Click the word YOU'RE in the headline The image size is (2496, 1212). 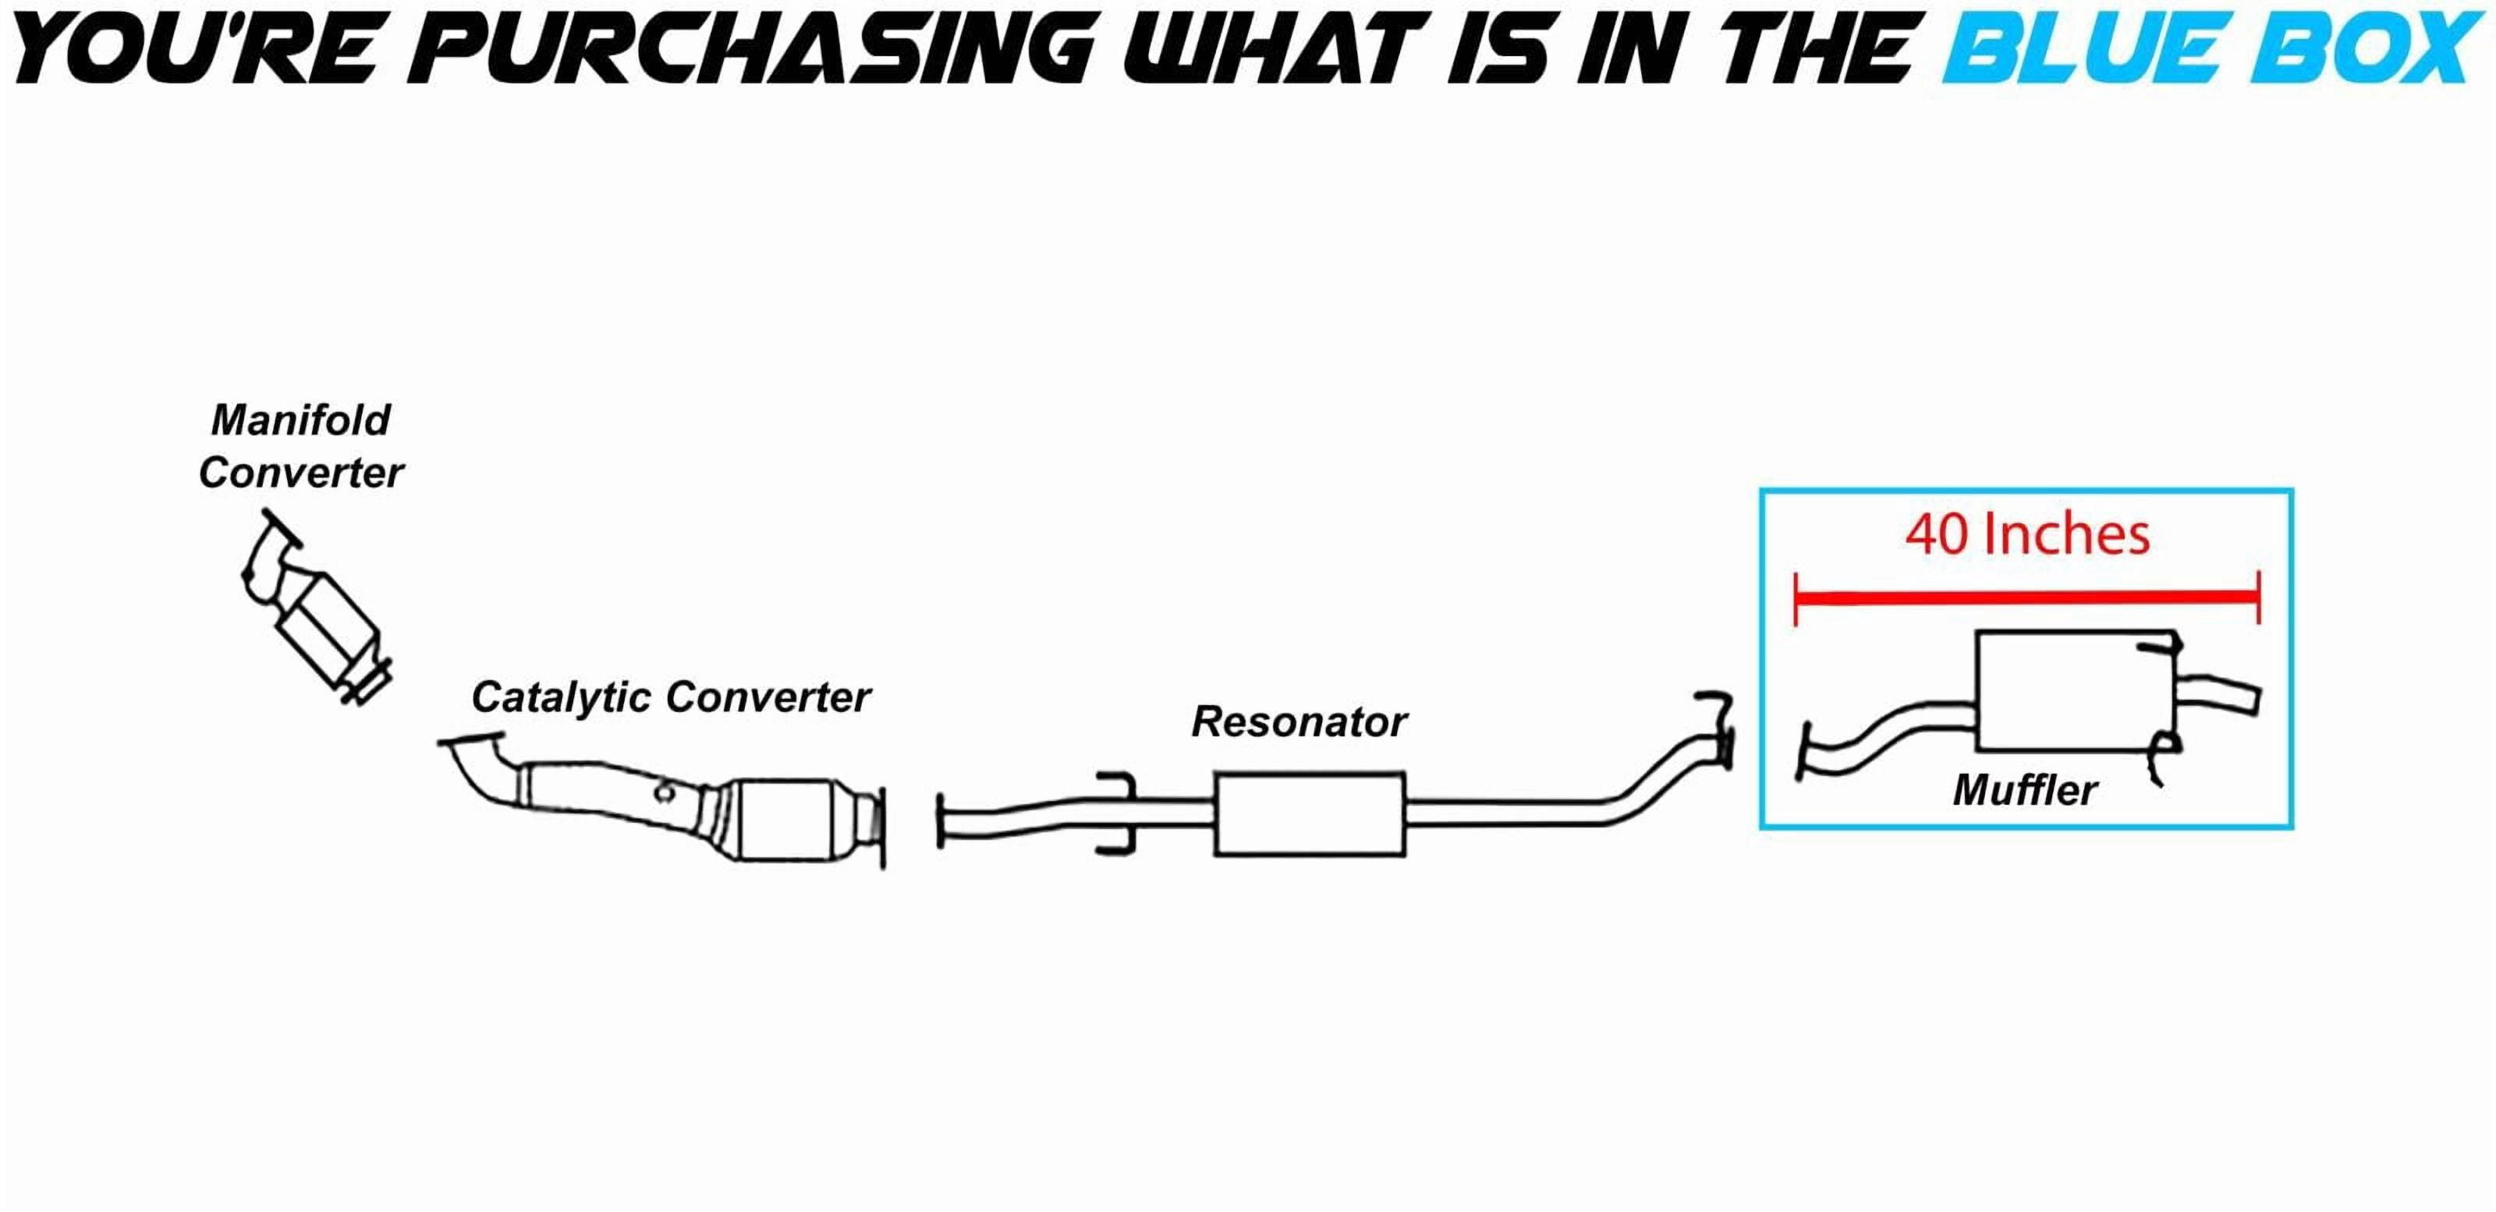tap(193, 48)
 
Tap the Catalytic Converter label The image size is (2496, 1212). tap(671, 697)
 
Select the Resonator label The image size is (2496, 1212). tap(1299, 721)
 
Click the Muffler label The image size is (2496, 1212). tap(2025, 789)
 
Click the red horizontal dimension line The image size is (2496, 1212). tap(2027, 597)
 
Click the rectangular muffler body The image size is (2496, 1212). tap(2076, 691)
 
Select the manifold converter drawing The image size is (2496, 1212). tap(316, 608)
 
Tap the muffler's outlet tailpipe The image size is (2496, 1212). tap(2219, 695)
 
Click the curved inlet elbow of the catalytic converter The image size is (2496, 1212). tap(484, 765)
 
